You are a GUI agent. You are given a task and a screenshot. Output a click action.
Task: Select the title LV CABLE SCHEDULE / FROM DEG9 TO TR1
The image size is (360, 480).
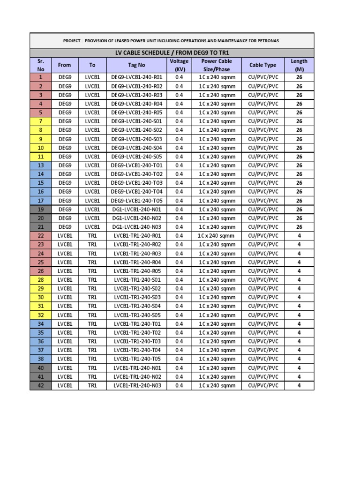(172, 52)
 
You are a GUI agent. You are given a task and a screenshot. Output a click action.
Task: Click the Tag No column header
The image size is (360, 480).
(136, 65)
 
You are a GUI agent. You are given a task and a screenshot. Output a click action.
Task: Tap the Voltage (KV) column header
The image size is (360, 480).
(179, 65)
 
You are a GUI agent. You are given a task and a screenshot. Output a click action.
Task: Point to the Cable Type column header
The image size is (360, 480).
(262, 65)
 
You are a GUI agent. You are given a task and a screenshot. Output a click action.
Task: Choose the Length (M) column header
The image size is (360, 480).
(299, 65)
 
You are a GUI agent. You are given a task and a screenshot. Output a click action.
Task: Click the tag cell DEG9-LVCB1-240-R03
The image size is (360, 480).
(136, 95)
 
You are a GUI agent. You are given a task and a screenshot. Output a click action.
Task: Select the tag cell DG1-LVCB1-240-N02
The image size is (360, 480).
(136, 218)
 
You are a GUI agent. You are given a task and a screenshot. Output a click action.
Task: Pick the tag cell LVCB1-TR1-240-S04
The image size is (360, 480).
(136, 306)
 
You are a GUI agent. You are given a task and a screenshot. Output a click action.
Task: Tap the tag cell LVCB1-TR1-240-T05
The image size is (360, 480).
(136, 359)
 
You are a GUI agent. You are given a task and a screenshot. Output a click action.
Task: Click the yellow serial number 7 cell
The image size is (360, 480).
(41, 121)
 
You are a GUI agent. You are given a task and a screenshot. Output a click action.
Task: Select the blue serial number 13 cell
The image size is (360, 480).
(41, 165)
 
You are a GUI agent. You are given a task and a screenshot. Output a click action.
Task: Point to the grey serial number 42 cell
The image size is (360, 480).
(41, 385)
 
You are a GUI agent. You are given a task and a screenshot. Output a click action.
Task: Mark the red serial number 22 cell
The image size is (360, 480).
(41, 236)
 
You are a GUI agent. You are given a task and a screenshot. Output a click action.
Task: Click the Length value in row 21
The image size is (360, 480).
(299, 227)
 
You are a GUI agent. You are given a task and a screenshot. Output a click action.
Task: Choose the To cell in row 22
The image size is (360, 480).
(92, 236)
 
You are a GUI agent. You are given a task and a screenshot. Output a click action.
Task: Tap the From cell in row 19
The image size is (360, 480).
(65, 210)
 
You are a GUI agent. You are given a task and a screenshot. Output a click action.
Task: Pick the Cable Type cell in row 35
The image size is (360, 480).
(262, 333)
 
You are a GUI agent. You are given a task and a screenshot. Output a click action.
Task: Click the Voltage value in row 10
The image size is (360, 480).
(179, 148)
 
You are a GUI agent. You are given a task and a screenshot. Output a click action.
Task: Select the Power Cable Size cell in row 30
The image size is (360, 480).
(217, 297)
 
